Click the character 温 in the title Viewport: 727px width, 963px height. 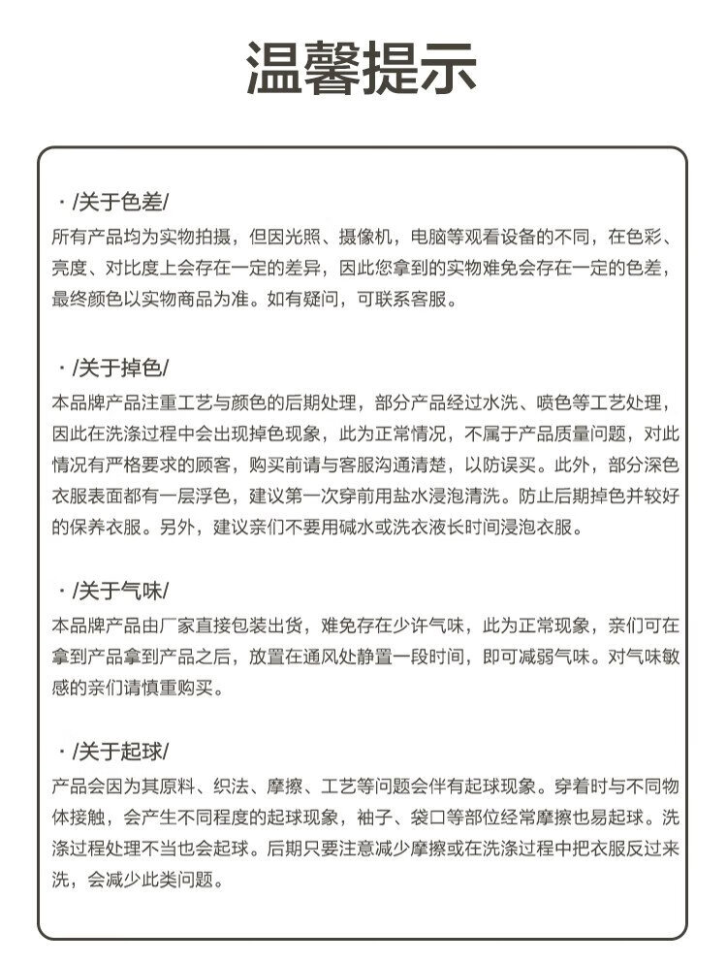275,69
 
